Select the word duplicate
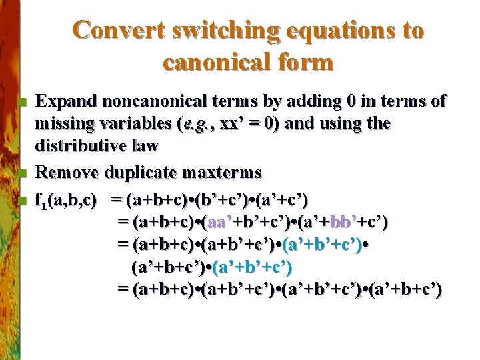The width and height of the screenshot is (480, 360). (139, 173)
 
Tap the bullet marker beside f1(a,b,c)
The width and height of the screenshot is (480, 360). (23, 201)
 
